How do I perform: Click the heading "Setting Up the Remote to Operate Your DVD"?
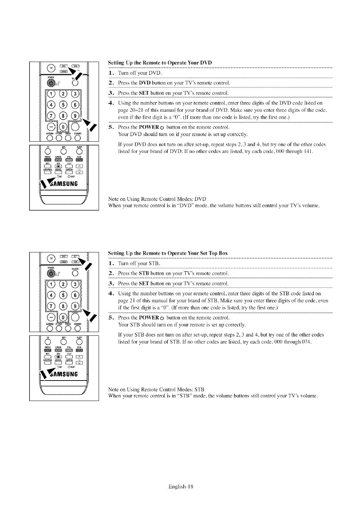click(160, 63)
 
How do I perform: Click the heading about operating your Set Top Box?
click(168, 253)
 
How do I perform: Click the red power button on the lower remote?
click(51, 273)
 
